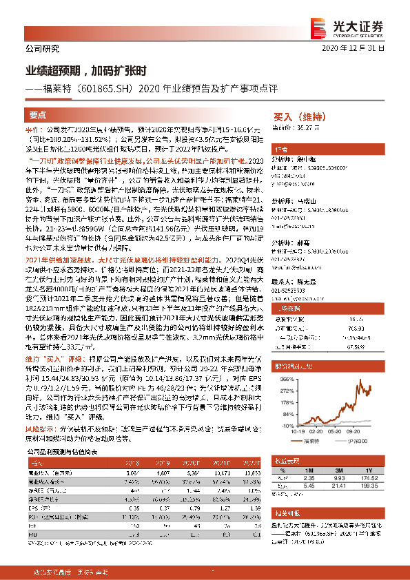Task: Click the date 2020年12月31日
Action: coord(364,50)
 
